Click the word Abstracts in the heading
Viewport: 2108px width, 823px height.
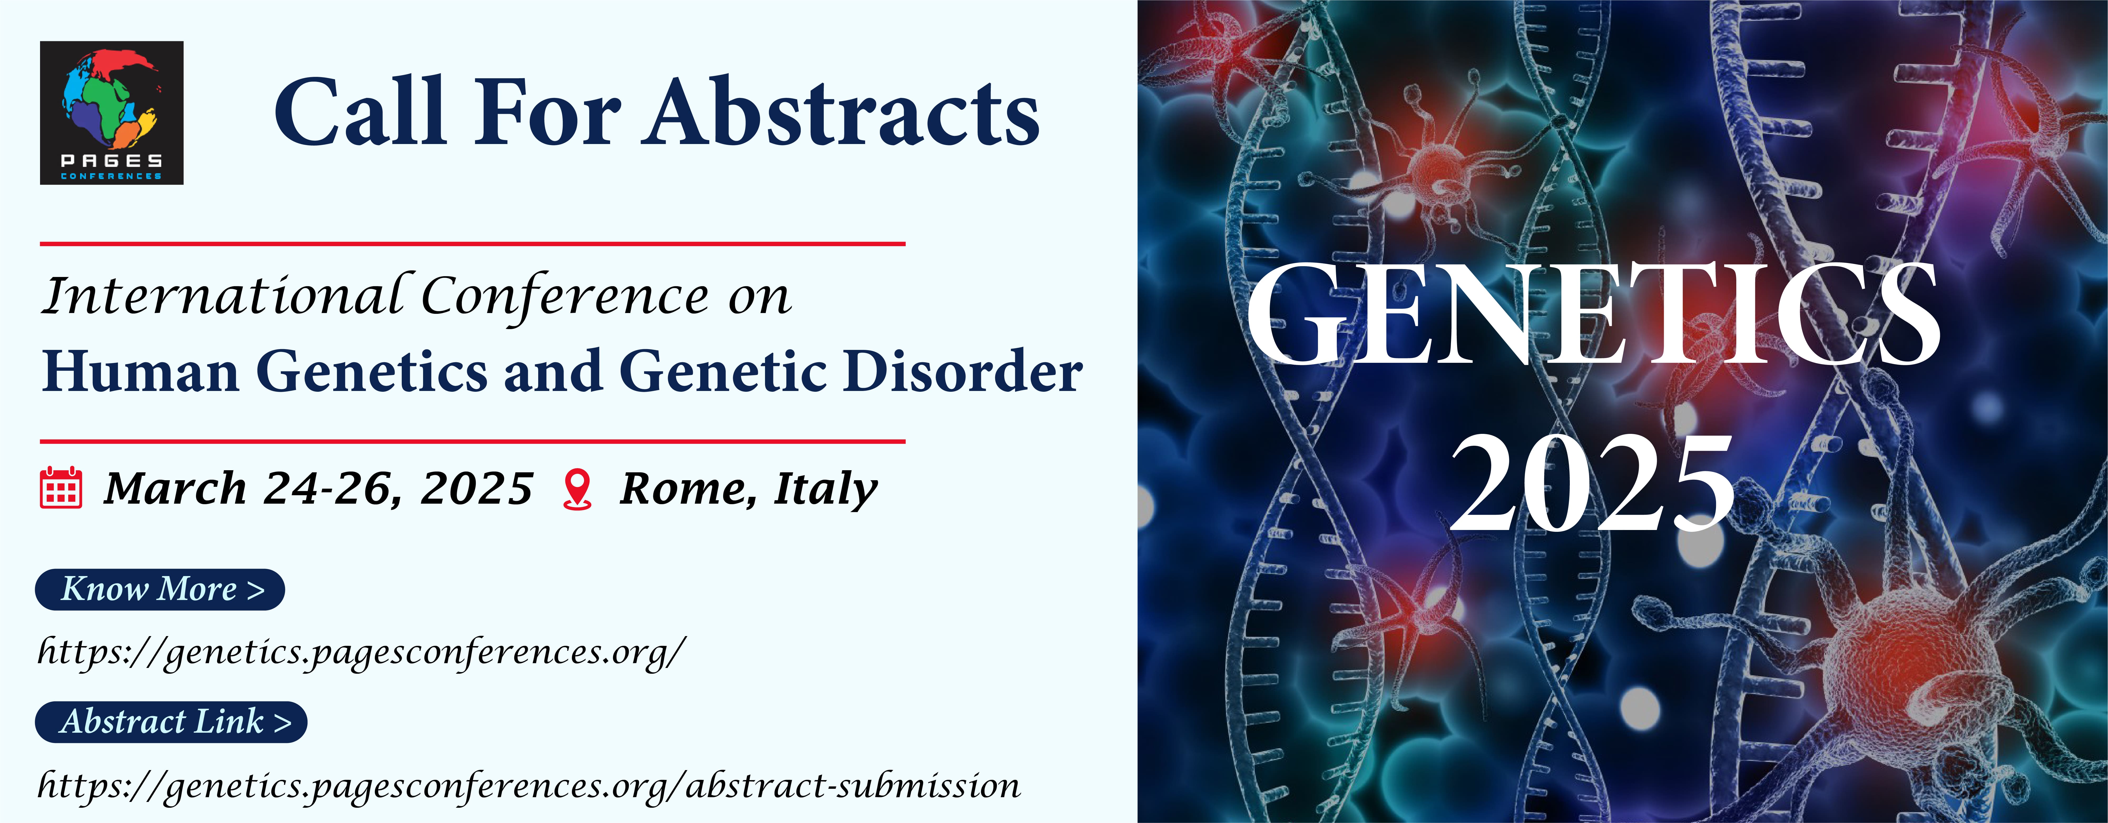(x=844, y=112)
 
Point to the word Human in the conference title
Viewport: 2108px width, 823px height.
(x=141, y=372)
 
